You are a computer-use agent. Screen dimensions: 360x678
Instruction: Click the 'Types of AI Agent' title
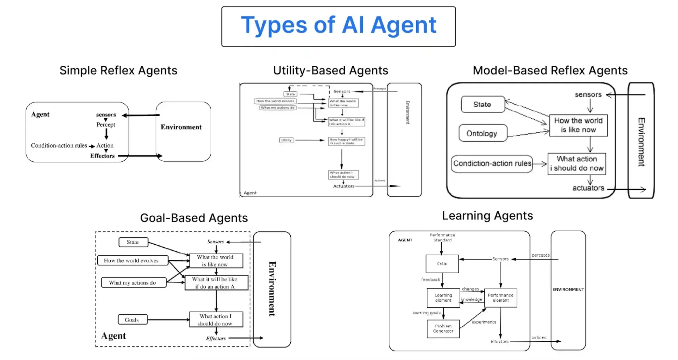click(338, 25)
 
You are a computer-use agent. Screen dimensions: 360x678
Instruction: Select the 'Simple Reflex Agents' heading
click(118, 71)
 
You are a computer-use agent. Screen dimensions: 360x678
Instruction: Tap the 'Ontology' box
click(482, 133)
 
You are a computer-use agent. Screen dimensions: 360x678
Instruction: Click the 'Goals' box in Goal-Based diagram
click(132, 320)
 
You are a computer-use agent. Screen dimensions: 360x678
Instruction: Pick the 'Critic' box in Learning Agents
click(442, 264)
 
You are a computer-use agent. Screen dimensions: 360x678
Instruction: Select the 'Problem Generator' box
click(443, 328)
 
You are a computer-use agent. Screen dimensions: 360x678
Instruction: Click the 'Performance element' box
click(500, 298)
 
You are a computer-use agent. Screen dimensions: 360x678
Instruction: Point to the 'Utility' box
click(286, 140)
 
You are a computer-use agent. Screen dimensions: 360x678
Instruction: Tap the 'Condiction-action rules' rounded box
click(492, 164)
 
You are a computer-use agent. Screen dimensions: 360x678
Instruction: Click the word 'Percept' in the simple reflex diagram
click(105, 125)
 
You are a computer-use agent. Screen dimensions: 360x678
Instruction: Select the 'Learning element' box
click(443, 298)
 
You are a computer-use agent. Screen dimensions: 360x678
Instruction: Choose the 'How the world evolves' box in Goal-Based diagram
click(132, 260)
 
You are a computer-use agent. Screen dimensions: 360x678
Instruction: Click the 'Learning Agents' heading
click(487, 216)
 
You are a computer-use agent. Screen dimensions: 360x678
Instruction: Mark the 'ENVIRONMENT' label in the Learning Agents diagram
click(568, 289)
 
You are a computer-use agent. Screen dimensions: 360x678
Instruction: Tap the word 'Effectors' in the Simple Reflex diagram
click(102, 156)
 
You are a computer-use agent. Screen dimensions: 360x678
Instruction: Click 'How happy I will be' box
click(346, 141)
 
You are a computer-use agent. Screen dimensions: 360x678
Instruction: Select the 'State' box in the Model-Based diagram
click(482, 104)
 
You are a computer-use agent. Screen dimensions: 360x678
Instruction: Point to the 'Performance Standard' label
click(442, 237)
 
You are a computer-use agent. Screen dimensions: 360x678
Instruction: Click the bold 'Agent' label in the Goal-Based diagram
click(113, 336)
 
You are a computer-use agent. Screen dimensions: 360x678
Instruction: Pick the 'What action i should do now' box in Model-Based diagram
click(577, 164)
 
